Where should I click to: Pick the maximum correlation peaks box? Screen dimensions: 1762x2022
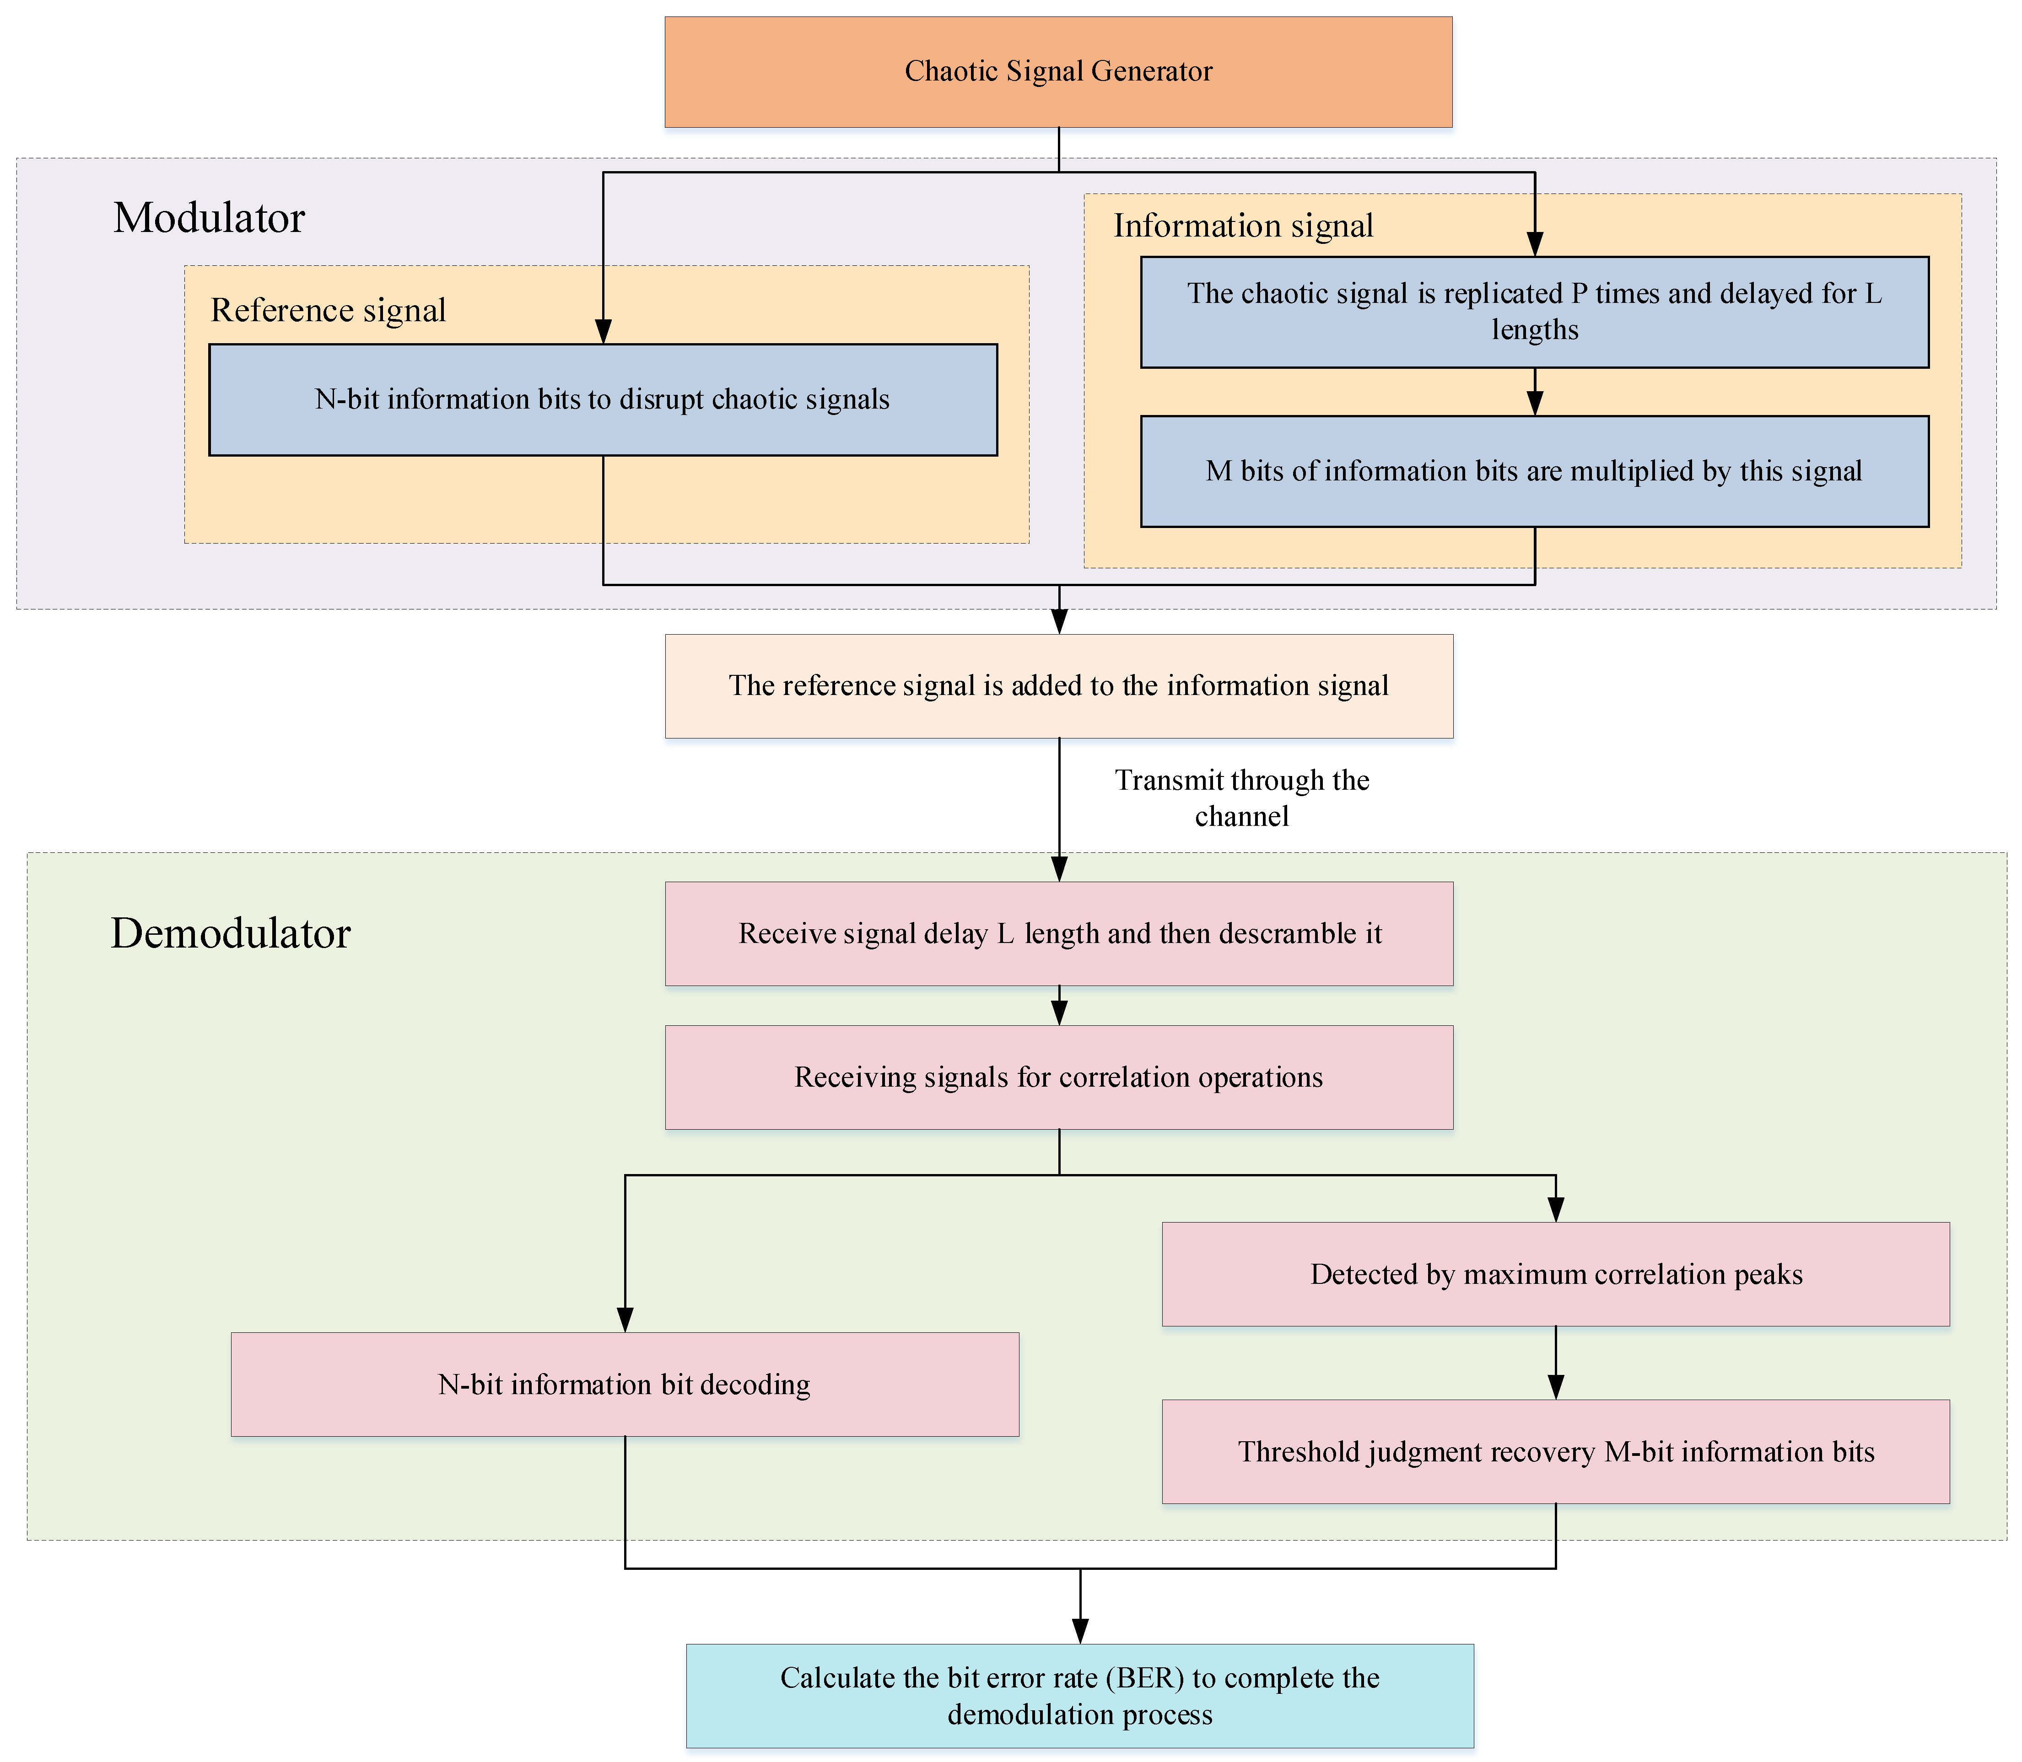(1555, 1274)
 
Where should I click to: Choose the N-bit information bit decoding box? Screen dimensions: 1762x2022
(625, 1385)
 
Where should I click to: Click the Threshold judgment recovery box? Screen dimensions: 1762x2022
(1555, 1452)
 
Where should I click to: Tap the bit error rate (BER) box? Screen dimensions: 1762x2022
(1080, 1696)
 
